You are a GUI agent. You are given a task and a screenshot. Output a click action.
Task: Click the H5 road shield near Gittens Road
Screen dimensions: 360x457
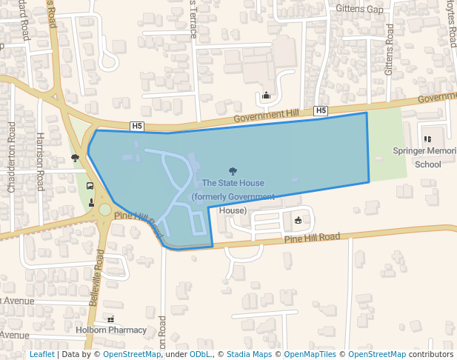click(321, 111)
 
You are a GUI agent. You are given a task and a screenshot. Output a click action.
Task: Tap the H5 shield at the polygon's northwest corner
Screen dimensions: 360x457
click(137, 126)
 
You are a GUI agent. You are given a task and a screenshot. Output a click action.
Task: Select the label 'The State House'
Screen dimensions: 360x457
click(233, 183)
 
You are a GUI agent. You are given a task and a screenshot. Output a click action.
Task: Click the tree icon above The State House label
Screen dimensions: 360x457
click(233, 171)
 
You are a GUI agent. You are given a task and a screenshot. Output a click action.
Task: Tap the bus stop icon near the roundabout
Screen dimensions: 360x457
click(90, 187)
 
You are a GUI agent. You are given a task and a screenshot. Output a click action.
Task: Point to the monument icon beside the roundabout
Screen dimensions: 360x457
click(91, 202)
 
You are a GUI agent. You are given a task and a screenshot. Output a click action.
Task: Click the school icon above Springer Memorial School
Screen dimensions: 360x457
click(427, 138)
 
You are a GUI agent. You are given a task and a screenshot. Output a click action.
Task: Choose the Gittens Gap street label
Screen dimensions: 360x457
click(359, 9)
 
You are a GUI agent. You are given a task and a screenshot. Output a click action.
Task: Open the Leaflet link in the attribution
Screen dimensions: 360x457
click(42, 354)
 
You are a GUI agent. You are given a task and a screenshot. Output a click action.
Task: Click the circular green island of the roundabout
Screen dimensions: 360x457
click(104, 210)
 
